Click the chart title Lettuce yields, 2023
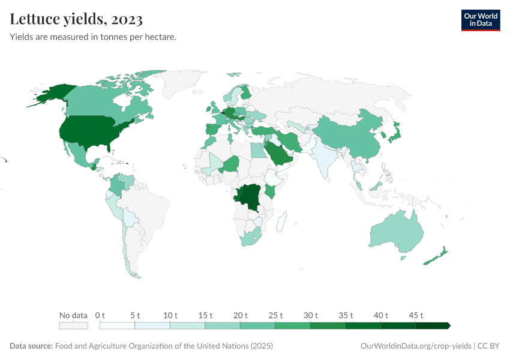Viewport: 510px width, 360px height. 76,19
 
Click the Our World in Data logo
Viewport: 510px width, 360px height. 480,20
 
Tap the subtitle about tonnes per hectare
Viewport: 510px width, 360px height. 93,37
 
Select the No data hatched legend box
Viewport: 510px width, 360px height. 73,326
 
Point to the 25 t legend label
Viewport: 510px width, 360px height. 275,315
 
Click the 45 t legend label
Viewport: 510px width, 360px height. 416,315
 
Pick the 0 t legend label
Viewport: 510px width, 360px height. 100,315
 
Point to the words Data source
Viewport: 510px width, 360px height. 31,346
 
